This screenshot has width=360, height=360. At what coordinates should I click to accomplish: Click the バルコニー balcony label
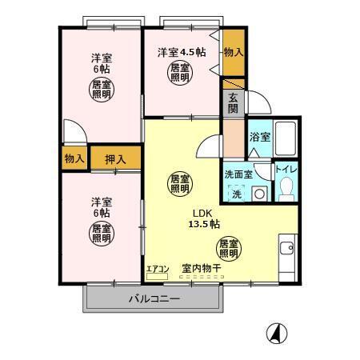[154, 299]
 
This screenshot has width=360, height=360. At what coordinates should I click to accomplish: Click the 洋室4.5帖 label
[181, 52]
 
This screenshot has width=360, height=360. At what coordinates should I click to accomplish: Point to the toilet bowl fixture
[286, 187]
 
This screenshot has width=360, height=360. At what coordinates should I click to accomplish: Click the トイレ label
[286, 170]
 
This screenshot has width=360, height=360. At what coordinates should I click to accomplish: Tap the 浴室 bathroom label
[259, 137]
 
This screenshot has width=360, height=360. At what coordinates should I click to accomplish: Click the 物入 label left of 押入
[74, 159]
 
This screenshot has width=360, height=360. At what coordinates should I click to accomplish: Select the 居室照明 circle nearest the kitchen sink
[230, 248]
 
